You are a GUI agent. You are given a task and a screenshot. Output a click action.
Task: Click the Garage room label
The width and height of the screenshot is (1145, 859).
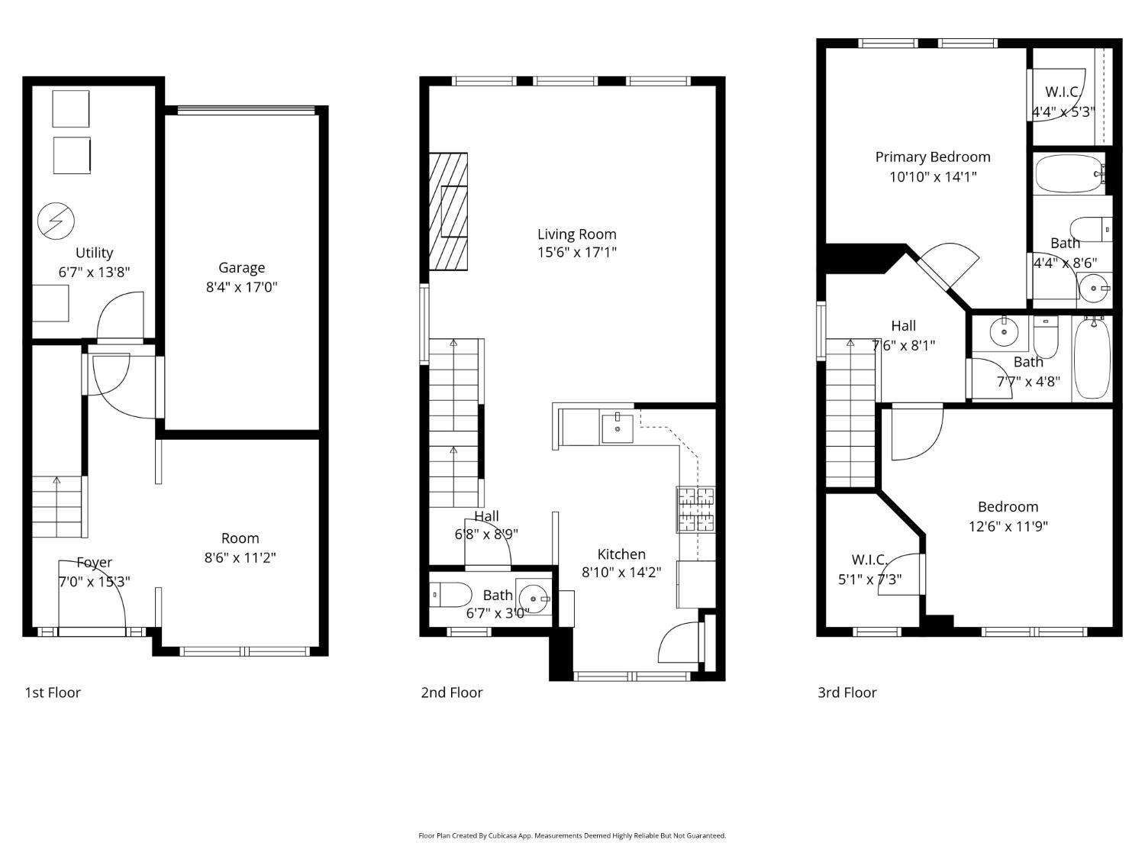(x=241, y=267)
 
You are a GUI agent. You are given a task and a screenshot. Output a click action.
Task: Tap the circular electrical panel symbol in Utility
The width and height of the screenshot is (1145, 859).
(x=56, y=221)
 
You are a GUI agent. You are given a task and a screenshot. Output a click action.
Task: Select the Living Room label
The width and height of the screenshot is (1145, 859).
(x=577, y=234)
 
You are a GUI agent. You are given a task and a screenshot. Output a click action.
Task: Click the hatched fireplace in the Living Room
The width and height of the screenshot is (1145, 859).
(x=448, y=212)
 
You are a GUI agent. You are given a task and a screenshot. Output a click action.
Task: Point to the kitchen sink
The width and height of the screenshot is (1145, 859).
(x=618, y=428)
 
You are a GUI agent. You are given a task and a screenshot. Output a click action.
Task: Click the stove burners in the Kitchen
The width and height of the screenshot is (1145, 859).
(x=696, y=509)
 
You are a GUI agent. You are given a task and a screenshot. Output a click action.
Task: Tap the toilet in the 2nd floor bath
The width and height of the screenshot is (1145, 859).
(x=451, y=595)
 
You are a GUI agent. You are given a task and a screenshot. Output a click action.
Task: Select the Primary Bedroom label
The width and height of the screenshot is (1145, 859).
(x=933, y=157)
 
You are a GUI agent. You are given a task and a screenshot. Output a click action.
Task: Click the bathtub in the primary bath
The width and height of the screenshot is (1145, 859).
(x=1069, y=174)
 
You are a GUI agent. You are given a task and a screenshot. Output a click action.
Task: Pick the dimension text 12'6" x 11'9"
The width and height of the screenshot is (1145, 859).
(x=1008, y=526)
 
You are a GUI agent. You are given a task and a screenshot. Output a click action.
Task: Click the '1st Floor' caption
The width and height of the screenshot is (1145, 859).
(x=53, y=693)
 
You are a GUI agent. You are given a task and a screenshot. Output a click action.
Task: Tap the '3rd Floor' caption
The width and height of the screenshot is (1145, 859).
(x=847, y=693)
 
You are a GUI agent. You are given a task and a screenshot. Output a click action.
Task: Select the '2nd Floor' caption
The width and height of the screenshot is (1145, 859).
(x=452, y=693)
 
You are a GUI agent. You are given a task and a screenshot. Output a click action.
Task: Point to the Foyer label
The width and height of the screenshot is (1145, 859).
(x=95, y=562)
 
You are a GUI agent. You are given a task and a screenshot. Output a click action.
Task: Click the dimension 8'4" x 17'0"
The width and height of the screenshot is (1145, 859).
(x=241, y=287)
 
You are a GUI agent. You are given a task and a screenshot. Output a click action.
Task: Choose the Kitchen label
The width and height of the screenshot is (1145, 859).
(x=621, y=554)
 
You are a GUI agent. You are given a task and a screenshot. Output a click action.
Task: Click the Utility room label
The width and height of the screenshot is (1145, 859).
(x=95, y=253)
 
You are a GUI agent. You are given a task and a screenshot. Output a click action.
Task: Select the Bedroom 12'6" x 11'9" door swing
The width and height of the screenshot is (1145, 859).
(x=917, y=433)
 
